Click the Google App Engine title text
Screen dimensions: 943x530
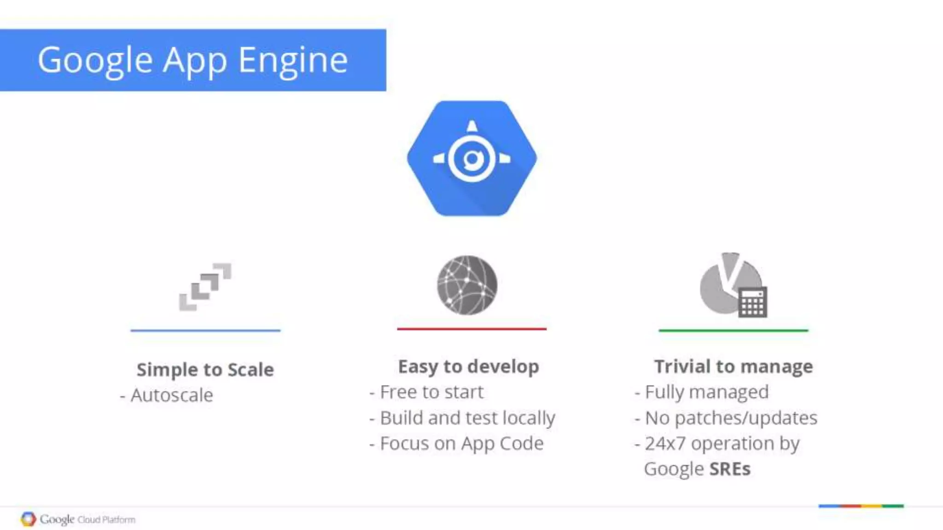(x=192, y=60)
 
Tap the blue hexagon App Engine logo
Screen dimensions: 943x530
(x=471, y=158)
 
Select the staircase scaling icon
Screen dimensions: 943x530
(x=205, y=287)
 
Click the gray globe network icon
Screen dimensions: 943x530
(x=467, y=285)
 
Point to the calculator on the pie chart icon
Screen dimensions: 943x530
(x=752, y=302)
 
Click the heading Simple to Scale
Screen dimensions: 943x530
(x=205, y=369)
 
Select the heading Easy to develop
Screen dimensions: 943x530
(x=468, y=367)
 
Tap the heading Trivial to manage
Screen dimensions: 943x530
(x=733, y=367)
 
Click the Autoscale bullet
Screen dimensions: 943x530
(x=171, y=395)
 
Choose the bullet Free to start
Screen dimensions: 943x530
(x=431, y=392)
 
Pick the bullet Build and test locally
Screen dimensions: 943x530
(x=467, y=418)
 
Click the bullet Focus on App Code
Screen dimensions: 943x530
(x=461, y=444)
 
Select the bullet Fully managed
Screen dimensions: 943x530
(x=706, y=392)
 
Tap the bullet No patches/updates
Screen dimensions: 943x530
(x=731, y=418)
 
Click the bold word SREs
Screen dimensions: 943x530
(x=730, y=469)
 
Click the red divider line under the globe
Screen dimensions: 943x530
(x=471, y=329)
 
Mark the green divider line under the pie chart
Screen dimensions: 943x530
(x=733, y=330)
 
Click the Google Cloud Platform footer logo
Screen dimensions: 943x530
(x=78, y=519)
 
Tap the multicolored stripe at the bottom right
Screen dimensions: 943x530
(x=861, y=506)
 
